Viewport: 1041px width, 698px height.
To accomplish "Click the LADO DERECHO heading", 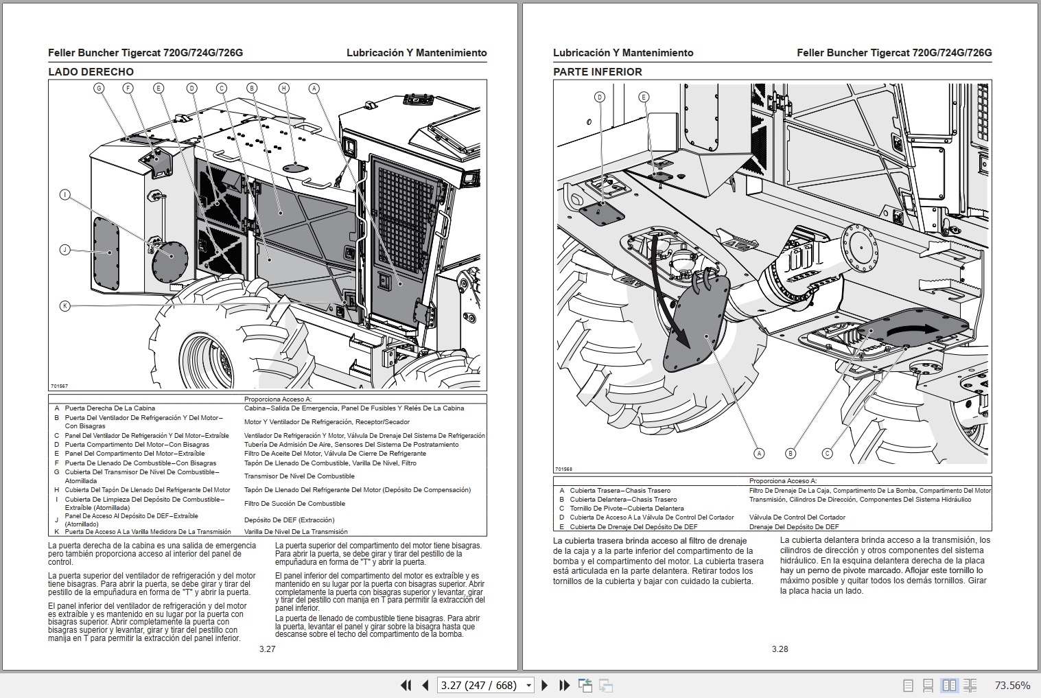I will click(x=91, y=71).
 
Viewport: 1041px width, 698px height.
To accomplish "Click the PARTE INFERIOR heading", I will click(x=597, y=71).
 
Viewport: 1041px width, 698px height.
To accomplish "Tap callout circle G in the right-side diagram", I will click(x=99, y=88).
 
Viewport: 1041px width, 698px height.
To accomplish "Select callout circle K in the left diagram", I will click(x=65, y=305).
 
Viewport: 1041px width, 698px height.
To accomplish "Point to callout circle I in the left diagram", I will click(x=65, y=195).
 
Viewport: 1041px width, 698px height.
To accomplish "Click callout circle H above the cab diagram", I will click(x=284, y=88).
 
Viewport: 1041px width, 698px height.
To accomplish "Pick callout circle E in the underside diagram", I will click(x=644, y=97).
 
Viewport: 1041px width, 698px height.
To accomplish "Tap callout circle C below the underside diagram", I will click(x=827, y=453).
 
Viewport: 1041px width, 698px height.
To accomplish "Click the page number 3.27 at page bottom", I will click(x=267, y=649).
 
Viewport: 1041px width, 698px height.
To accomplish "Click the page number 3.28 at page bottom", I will click(x=780, y=649).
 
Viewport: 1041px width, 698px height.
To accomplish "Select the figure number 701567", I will click(x=59, y=386).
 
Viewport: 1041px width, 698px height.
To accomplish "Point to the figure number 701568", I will click(x=563, y=469).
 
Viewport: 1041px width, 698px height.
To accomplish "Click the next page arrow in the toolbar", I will click(x=545, y=685).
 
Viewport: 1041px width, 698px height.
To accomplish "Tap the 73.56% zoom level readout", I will click(x=1012, y=685).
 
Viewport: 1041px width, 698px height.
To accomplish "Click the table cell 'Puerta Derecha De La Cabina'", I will click(x=110, y=408).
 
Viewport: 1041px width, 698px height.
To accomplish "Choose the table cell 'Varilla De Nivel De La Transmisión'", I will click(x=296, y=531).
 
